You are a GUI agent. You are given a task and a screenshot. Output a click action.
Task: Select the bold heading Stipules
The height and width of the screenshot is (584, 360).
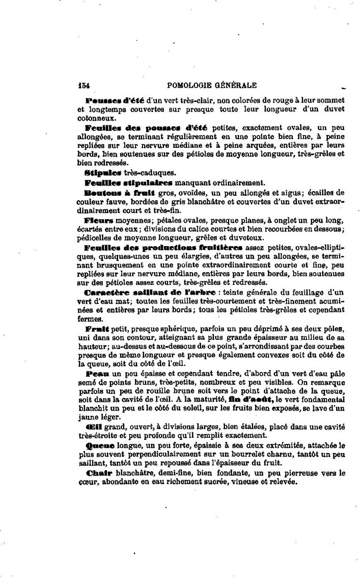point(104,173)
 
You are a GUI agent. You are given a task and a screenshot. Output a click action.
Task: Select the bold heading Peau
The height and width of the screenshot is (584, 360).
point(97,373)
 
